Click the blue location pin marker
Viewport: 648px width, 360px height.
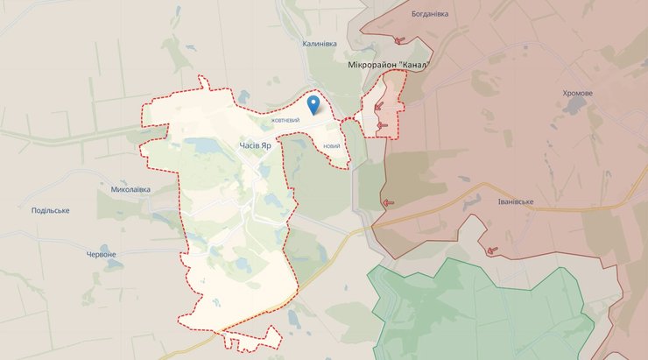(314, 105)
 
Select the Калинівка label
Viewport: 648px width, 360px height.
(320, 43)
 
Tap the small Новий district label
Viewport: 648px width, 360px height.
(331, 145)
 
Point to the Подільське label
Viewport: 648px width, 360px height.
(50, 210)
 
